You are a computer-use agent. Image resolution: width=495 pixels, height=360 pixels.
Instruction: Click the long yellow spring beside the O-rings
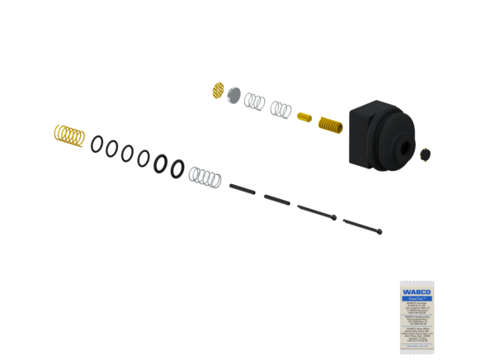[x=68, y=135]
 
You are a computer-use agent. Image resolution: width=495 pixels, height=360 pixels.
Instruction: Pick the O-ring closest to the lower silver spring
[x=177, y=169]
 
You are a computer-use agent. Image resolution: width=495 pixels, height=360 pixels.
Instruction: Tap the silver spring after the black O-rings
[x=205, y=176]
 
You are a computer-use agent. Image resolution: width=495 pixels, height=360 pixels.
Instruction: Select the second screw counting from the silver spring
[x=278, y=199]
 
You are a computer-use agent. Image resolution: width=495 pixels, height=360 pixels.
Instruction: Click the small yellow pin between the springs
[x=303, y=116]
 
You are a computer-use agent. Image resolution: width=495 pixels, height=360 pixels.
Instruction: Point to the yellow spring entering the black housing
[x=329, y=126]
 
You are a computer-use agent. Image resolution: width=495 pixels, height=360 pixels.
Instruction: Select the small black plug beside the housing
[x=426, y=153]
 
